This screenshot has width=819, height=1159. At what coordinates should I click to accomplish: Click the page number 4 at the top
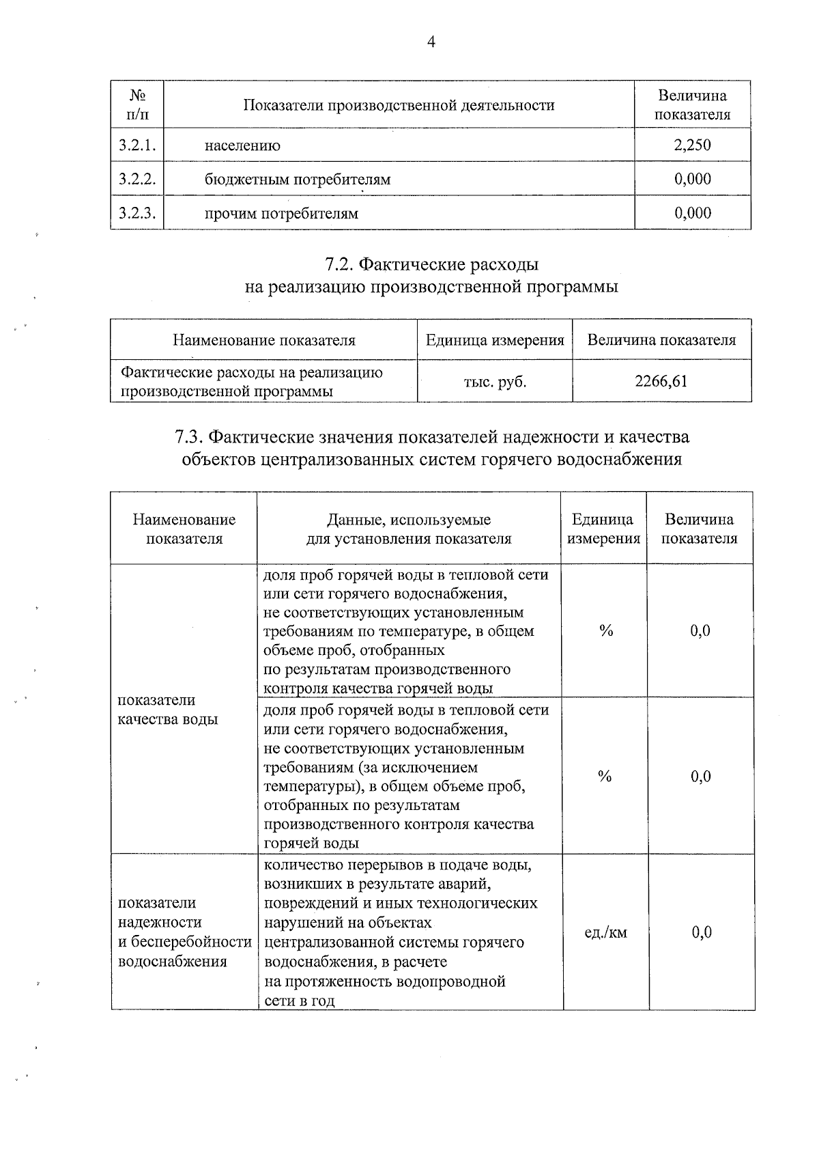431,42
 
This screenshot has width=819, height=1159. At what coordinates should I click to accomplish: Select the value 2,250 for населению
692,145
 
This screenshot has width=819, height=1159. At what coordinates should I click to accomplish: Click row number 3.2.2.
137,179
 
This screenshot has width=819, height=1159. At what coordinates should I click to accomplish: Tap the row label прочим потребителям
281,214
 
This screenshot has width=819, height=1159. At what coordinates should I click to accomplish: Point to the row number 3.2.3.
137,213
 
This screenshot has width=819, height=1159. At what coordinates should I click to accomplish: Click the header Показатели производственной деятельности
399,105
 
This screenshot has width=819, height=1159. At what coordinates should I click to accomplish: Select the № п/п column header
137,104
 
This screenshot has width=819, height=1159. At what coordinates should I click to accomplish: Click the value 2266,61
661,381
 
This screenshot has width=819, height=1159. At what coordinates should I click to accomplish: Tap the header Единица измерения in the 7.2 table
495,340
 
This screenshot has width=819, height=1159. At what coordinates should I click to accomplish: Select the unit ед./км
605,932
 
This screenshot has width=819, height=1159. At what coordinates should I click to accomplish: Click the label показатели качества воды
168,710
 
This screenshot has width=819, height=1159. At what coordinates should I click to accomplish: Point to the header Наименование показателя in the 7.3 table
184,529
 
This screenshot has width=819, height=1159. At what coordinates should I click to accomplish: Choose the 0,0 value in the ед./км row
702,932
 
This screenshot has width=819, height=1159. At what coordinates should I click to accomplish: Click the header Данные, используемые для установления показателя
408,529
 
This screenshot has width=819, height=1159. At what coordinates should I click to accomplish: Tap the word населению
242,145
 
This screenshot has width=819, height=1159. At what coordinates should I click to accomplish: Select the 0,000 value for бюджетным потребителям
692,179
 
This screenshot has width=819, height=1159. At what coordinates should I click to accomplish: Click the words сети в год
299,1001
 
